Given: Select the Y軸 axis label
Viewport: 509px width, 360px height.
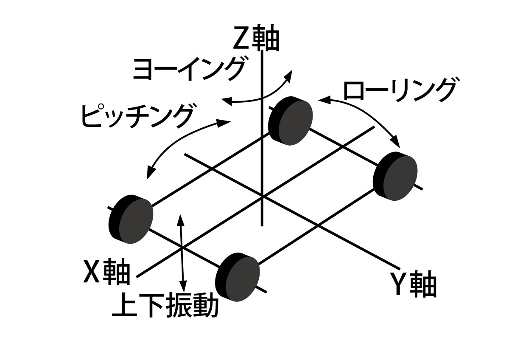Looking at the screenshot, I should (x=413, y=284).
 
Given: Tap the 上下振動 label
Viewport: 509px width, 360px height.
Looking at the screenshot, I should (x=165, y=306).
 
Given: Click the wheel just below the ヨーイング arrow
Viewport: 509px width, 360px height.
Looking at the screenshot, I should (x=291, y=120).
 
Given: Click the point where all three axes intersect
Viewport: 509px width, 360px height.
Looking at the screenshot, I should (x=263, y=197).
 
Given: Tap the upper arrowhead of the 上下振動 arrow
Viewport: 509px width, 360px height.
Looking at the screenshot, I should (x=181, y=218).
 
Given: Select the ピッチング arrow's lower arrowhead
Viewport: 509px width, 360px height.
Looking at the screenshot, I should (x=148, y=175).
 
